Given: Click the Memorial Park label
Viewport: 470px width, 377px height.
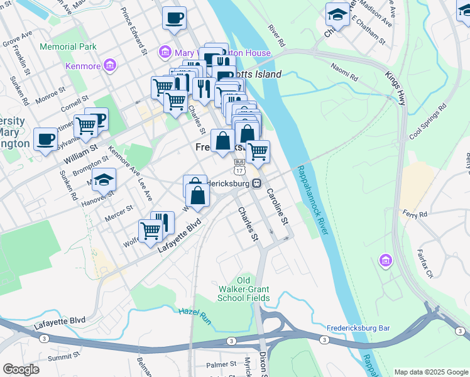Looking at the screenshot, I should pyautogui.click(x=68, y=46).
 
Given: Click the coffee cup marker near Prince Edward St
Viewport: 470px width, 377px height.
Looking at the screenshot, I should pyautogui.click(x=174, y=18).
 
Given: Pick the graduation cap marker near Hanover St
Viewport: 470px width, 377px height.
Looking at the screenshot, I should pyautogui.click(x=104, y=180).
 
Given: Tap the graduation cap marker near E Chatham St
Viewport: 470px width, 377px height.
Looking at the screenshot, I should pyautogui.click(x=337, y=14).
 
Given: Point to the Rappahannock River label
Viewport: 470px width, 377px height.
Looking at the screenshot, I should pyautogui.click(x=313, y=200).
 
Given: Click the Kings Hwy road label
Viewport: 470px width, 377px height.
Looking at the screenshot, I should pyautogui.click(x=395, y=87).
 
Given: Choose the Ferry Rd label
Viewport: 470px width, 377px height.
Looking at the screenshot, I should pyautogui.click(x=415, y=214).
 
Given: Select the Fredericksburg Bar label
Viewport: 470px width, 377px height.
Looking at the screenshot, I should pyautogui.click(x=358, y=328).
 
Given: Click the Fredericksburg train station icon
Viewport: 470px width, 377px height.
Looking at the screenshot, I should pyautogui.click(x=257, y=183).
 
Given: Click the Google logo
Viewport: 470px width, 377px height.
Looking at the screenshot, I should pyautogui.click(x=21, y=369).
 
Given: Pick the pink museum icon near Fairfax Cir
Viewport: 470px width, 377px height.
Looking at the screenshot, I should pyautogui.click(x=385, y=260).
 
